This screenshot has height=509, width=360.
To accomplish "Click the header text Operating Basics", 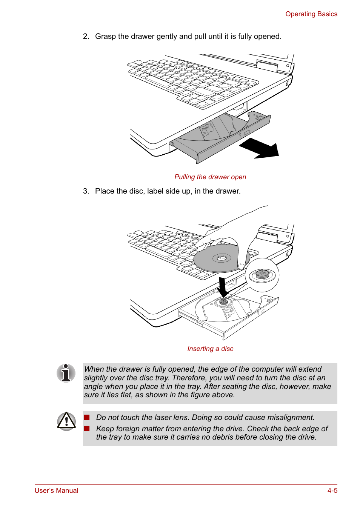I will tap(311, 14).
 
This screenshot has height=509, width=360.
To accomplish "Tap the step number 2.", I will tap(86, 37).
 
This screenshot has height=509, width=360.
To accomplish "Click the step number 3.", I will tap(86, 191).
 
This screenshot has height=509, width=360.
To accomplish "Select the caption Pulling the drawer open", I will tap(210, 177).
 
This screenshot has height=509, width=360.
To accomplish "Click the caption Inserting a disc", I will tap(210, 349).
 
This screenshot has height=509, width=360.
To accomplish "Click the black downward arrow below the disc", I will tap(223, 287).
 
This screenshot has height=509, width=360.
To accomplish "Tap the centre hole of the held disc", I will tap(222, 258).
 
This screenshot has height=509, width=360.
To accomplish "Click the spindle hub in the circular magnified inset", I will tap(262, 274).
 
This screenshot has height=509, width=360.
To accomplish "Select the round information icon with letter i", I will tap(66, 373).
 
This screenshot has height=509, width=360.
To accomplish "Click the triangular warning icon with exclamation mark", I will tap(66, 421).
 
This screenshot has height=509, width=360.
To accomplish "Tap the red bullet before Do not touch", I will tap(87, 417).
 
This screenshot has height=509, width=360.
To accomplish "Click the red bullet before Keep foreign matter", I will tap(87, 429).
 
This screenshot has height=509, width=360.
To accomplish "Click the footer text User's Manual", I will tap(56, 491).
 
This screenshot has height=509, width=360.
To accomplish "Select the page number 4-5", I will tap(332, 491).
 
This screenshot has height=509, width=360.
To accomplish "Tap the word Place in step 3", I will tap(104, 191).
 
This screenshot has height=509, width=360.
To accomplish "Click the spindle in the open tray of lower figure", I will tap(223, 302).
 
